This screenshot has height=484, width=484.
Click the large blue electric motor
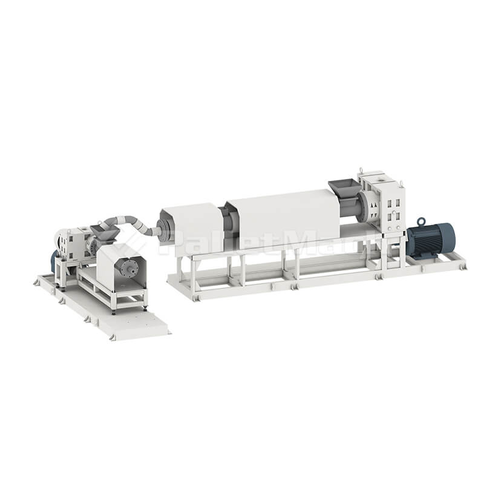[431, 240]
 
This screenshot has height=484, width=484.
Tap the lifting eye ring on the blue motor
[422, 223]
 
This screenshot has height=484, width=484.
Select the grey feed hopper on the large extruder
[343, 188]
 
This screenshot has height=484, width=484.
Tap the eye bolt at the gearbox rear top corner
[362, 170]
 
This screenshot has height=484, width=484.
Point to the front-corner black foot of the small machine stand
[113, 312]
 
